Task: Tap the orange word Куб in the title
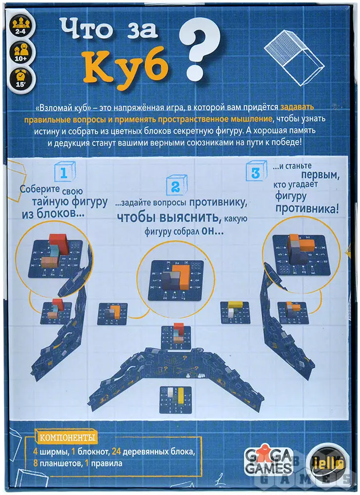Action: click(x=125, y=65)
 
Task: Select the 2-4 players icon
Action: click(x=21, y=25)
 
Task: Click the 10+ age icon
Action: click(x=21, y=51)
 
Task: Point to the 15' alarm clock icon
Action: click(x=21, y=78)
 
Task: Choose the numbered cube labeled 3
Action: click(x=256, y=171)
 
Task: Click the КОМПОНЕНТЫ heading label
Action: click(x=67, y=438)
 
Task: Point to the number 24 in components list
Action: click(x=116, y=452)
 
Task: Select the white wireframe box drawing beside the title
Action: click(x=294, y=58)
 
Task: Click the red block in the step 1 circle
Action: click(x=60, y=243)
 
